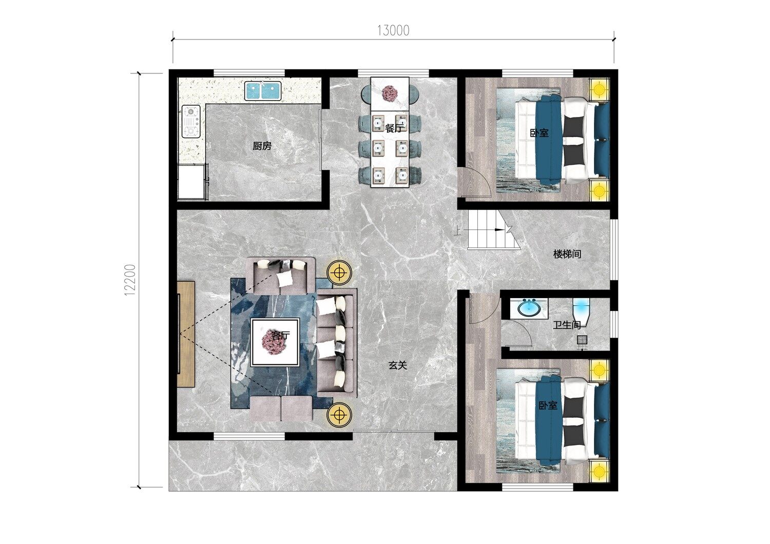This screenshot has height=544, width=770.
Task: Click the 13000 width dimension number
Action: click(393, 31)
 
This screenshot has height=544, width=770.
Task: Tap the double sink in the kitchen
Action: click(263, 91)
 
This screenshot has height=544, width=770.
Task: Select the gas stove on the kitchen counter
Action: click(191, 121)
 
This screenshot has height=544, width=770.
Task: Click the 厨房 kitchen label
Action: click(262, 146)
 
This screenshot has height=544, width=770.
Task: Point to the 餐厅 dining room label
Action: click(394, 128)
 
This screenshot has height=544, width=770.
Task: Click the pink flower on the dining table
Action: click(390, 93)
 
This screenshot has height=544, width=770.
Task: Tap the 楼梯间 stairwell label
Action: click(567, 254)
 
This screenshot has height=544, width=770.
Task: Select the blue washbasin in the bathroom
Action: click(528, 308)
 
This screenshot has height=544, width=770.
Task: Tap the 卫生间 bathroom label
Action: click(567, 325)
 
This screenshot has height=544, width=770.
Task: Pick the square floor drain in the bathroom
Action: click(582, 340)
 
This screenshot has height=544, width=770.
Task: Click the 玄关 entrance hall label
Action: click(398, 365)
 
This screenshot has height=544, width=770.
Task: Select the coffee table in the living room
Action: click(275, 343)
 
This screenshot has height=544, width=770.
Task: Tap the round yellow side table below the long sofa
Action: click(339, 415)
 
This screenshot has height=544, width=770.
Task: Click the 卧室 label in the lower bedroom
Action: click(548, 405)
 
